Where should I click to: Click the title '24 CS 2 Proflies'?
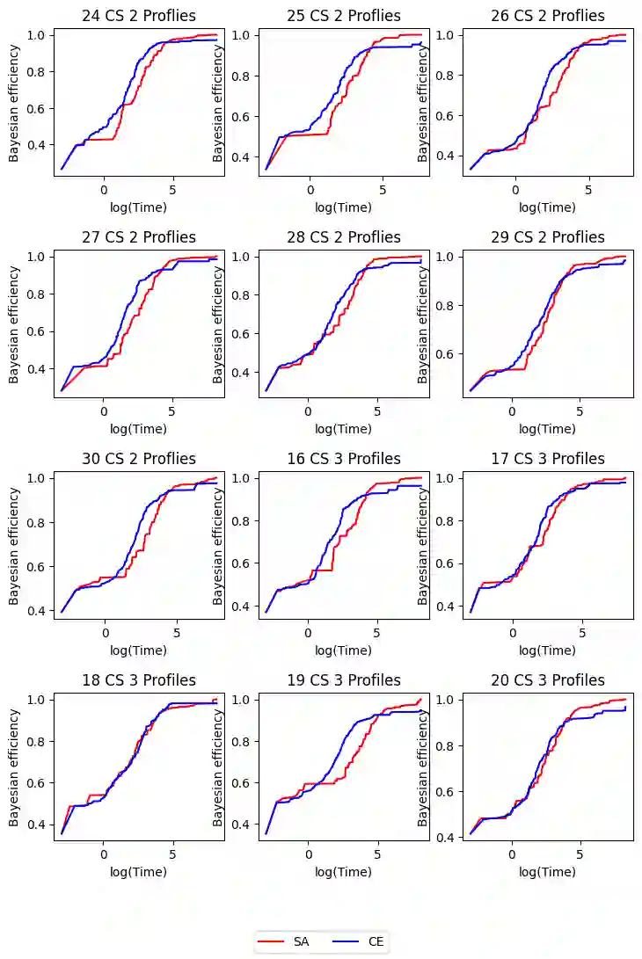point(139,16)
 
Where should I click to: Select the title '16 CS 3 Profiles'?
point(343,459)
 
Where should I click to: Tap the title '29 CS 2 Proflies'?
point(548,237)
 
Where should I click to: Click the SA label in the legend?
point(302,941)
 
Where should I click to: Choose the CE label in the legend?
point(376,941)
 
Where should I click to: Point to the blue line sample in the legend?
point(345,941)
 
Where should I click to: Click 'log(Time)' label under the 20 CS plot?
point(548,872)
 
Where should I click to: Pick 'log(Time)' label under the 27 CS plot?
point(139,429)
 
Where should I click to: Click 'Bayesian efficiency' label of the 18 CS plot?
point(14,766)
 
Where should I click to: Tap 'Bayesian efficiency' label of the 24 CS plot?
point(14,102)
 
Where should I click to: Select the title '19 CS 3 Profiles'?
point(343,680)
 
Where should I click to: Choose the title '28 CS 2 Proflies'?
point(343,237)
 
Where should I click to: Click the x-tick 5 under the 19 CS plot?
point(377,854)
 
